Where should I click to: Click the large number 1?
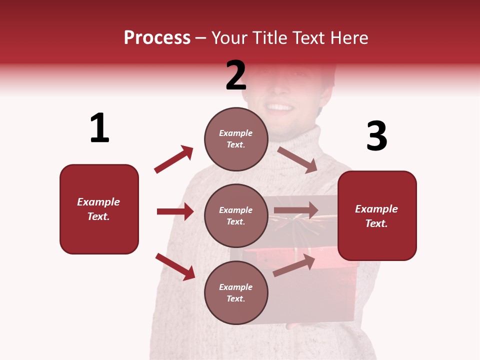(99, 128)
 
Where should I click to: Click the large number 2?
(236, 75)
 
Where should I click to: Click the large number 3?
(376, 136)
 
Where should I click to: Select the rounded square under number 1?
(99, 209)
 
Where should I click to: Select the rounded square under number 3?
(377, 215)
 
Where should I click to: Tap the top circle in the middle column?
(236, 139)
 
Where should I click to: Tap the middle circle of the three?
(236, 215)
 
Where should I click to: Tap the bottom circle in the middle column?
(236, 292)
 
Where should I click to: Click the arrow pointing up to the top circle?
(173, 159)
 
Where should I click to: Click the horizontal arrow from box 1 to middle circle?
(175, 211)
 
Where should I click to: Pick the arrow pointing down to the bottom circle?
(175, 266)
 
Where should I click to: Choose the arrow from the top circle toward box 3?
(297, 159)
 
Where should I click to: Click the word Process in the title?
(157, 37)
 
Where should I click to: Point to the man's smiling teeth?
(280, 107)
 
